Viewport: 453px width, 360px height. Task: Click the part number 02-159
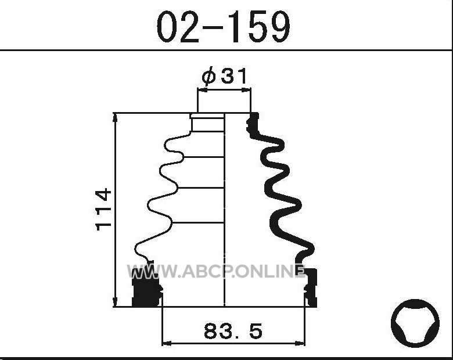[223, 27]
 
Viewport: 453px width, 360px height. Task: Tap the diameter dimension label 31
[235, 76]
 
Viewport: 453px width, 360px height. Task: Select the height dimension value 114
[103, 210]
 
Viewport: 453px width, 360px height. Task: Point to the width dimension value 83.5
[233, 331]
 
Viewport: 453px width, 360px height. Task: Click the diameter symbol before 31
[209, 76]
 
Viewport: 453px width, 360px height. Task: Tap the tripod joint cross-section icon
[415, 323]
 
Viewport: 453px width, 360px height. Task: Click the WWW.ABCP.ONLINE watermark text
[216, 271]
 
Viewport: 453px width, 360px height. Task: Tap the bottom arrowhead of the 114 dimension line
[115, 302]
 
